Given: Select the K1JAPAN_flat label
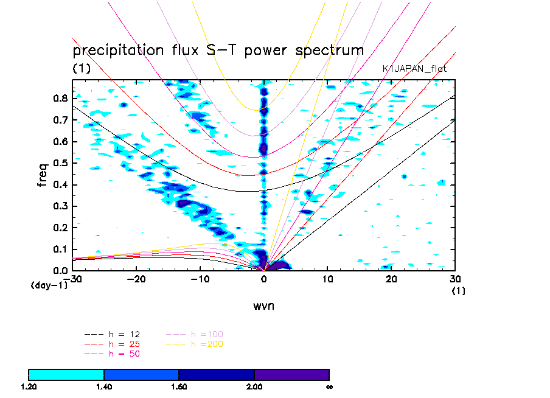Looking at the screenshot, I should (414, 69).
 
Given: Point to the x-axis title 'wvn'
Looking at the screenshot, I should (264, 305).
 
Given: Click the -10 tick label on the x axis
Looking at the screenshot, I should (199, 279).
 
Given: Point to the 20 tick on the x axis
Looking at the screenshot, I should (391, 279).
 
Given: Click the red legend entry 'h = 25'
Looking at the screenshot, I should (122, 344).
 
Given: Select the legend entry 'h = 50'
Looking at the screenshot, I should (122, 353).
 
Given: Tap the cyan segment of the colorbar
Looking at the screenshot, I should (66, 374).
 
